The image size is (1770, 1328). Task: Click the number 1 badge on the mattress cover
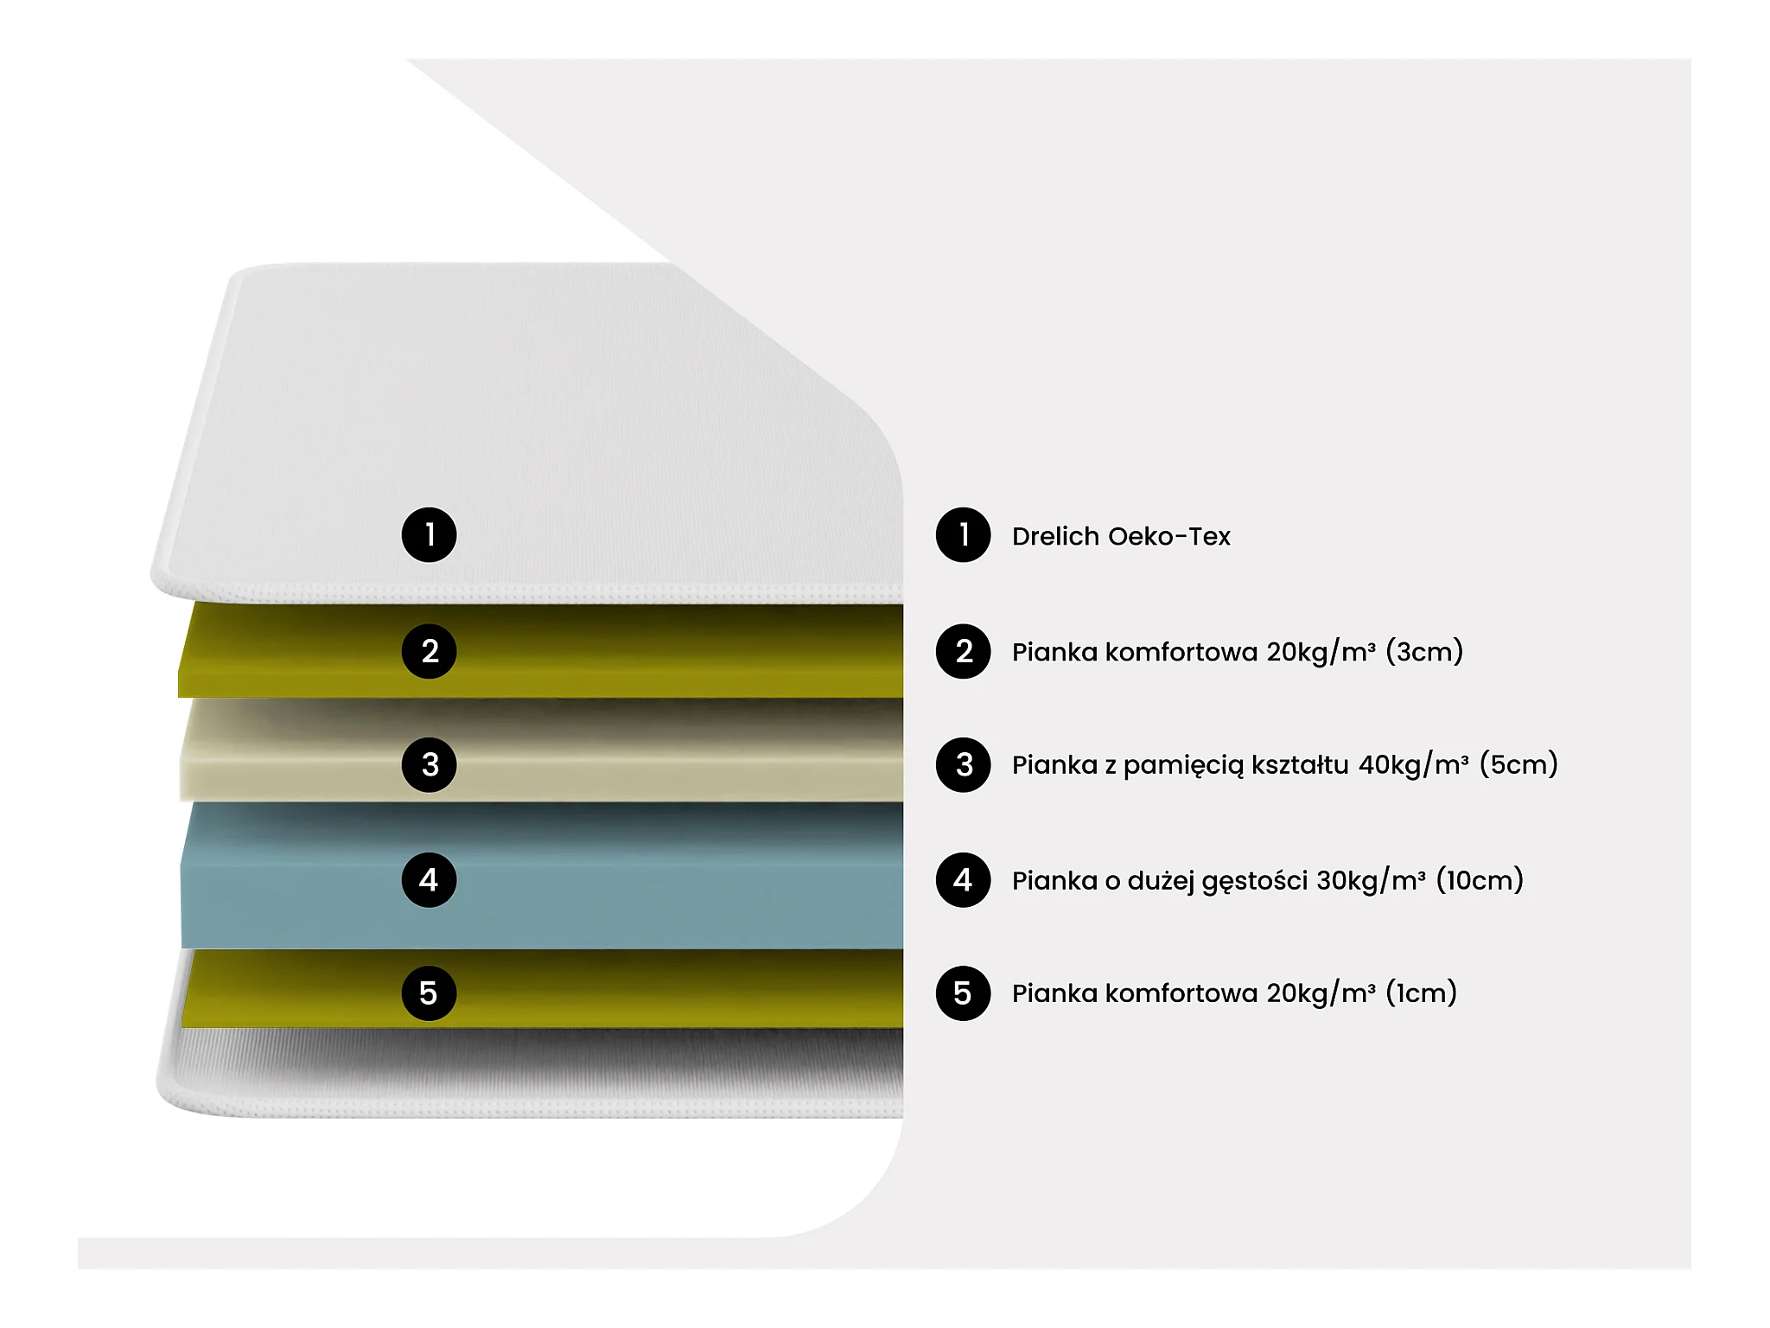[429, 535]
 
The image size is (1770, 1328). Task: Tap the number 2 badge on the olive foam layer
[429, 651]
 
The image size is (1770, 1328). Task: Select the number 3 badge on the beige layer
[429, 764]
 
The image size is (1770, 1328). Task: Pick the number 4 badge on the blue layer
[429, 880]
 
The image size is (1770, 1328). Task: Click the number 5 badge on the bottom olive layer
[429, 993]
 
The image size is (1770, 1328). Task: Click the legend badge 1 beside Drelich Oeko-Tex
[963, 535]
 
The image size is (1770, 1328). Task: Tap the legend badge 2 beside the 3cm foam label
[963, 651]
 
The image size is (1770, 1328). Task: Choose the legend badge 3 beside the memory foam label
[963, 764]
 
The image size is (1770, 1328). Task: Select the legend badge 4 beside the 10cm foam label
[963, 880]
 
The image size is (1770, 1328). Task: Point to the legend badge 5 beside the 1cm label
[963, 993]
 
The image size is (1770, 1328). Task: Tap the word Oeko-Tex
[1169, 536]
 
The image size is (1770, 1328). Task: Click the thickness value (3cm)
[1424, 651]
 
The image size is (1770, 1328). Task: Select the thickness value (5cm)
[1519, 764]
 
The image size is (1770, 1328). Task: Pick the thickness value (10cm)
[1480, 880]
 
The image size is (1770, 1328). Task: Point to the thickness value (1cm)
[1422, 993]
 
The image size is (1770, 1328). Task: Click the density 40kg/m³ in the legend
[1414, 764]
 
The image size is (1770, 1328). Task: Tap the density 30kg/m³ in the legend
[1372, 880]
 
